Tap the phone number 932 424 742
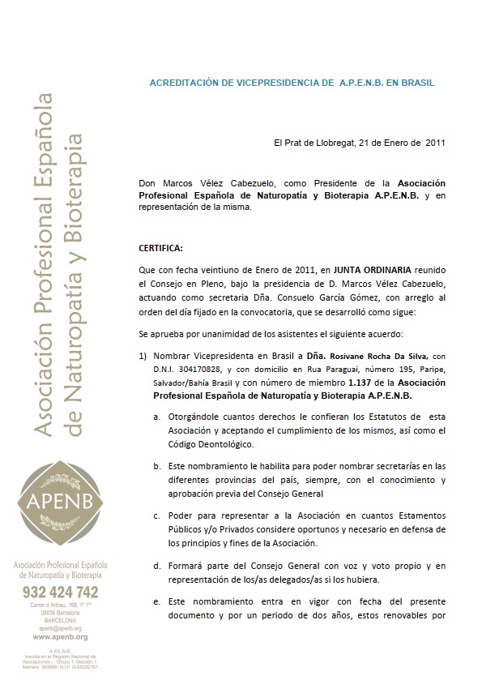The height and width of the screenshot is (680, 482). (61, 592)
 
